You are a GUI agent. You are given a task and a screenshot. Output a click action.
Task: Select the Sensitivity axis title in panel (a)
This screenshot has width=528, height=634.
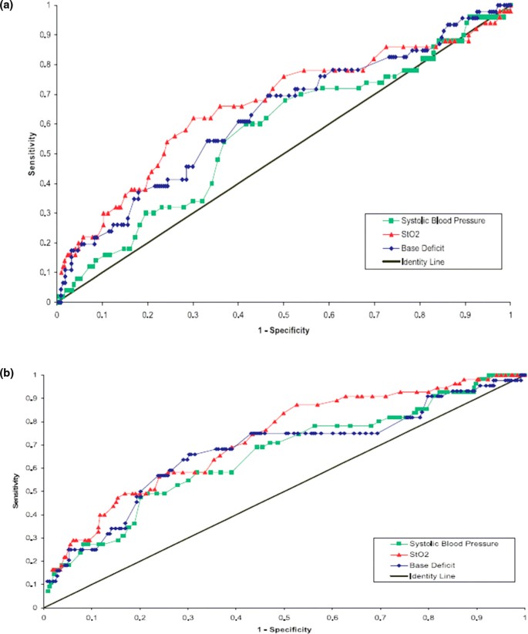pyautogui.click(x=33, y=153)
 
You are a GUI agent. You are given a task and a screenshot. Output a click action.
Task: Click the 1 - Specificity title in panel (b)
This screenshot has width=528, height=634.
pyautogui.click(x=284, y=626)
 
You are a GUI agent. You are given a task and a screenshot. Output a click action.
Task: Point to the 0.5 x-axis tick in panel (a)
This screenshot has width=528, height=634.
pyautogui.click(x=284, y=314)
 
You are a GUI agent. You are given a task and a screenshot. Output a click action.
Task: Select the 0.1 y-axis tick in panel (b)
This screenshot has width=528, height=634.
pyautogui.click(x=35, y=585)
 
